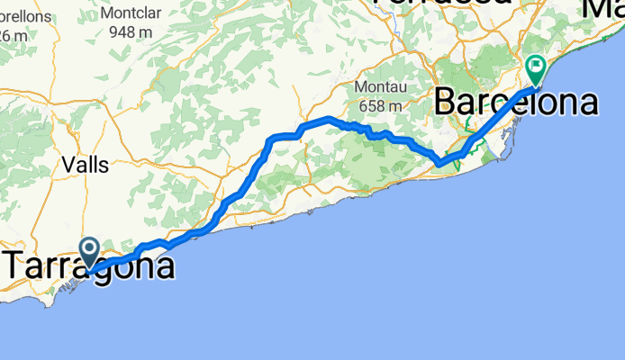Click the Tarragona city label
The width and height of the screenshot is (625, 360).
pos(90,267)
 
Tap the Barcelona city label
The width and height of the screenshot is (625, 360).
pos(516,102)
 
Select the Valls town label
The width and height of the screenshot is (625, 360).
pos(86,165)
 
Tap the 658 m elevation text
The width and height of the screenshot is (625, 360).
pos(382,105)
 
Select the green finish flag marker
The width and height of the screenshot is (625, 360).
pos(536,67)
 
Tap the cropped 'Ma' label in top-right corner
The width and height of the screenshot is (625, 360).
pos(604,7)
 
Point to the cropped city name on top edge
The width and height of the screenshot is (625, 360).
pos(433,4)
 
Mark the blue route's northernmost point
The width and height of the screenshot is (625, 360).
pos(329,118)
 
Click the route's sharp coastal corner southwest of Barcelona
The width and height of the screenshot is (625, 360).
pos(439,163)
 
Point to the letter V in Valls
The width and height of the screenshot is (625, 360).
pos(69,165)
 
